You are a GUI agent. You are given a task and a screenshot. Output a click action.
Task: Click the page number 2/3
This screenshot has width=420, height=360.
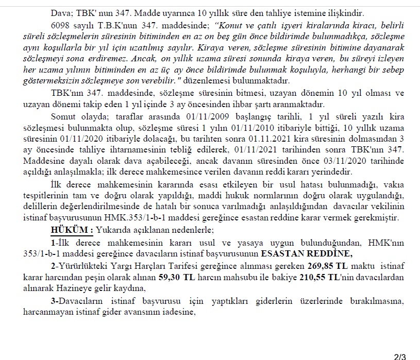(x=400, y=355)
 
